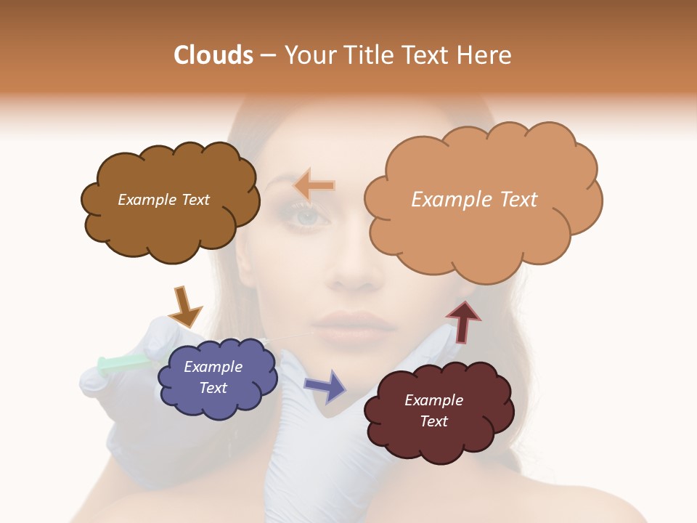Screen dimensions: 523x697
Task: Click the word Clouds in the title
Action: tap(213, 55)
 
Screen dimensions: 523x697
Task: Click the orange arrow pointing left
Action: tap(314, 186)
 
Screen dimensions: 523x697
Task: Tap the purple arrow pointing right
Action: tap(326, 386)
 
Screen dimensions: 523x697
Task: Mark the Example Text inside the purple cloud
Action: tap(213, 377)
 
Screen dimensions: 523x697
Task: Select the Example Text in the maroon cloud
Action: tap(433, 410)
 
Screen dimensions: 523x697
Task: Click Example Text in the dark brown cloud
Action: tap(163, 200)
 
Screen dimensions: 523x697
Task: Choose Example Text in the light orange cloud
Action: tap(474, 199)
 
